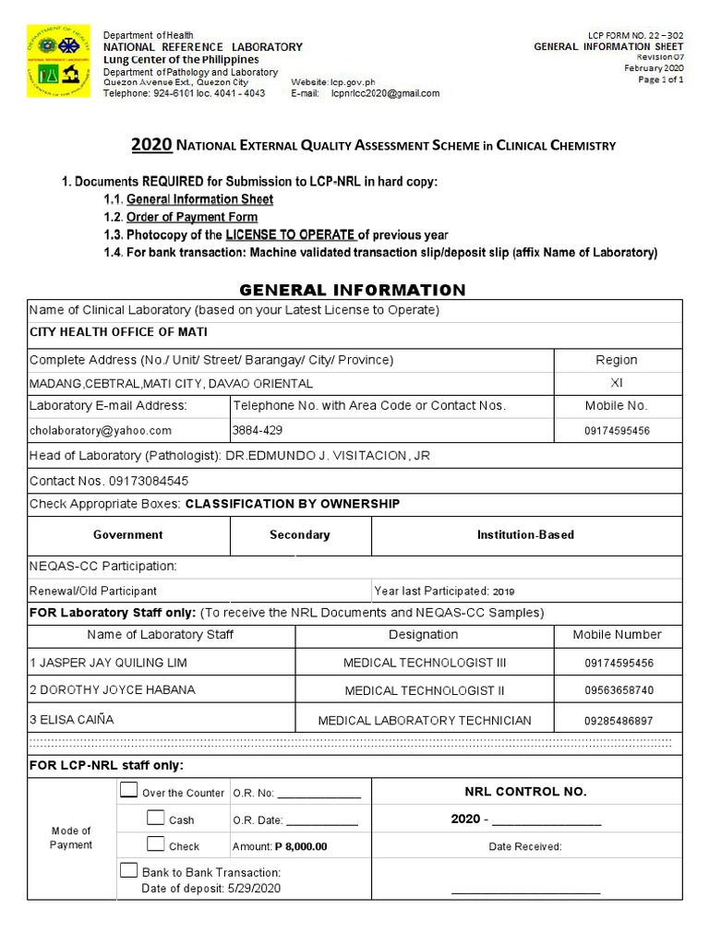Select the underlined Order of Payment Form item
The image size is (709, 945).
point(192,217)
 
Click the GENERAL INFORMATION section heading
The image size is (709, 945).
point(354,290)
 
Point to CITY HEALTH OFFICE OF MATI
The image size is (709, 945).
point(119,332)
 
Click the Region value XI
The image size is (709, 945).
point(616,382)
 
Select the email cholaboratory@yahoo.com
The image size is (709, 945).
point(102,430)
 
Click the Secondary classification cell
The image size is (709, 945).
point(299,534)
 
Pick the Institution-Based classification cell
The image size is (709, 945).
point(525,534)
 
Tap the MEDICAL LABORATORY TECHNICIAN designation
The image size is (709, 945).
point(425,720)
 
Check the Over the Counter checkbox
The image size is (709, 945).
point(128,791)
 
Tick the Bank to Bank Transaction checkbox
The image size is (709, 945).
point(128,870)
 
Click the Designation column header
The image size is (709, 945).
point(424,635)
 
